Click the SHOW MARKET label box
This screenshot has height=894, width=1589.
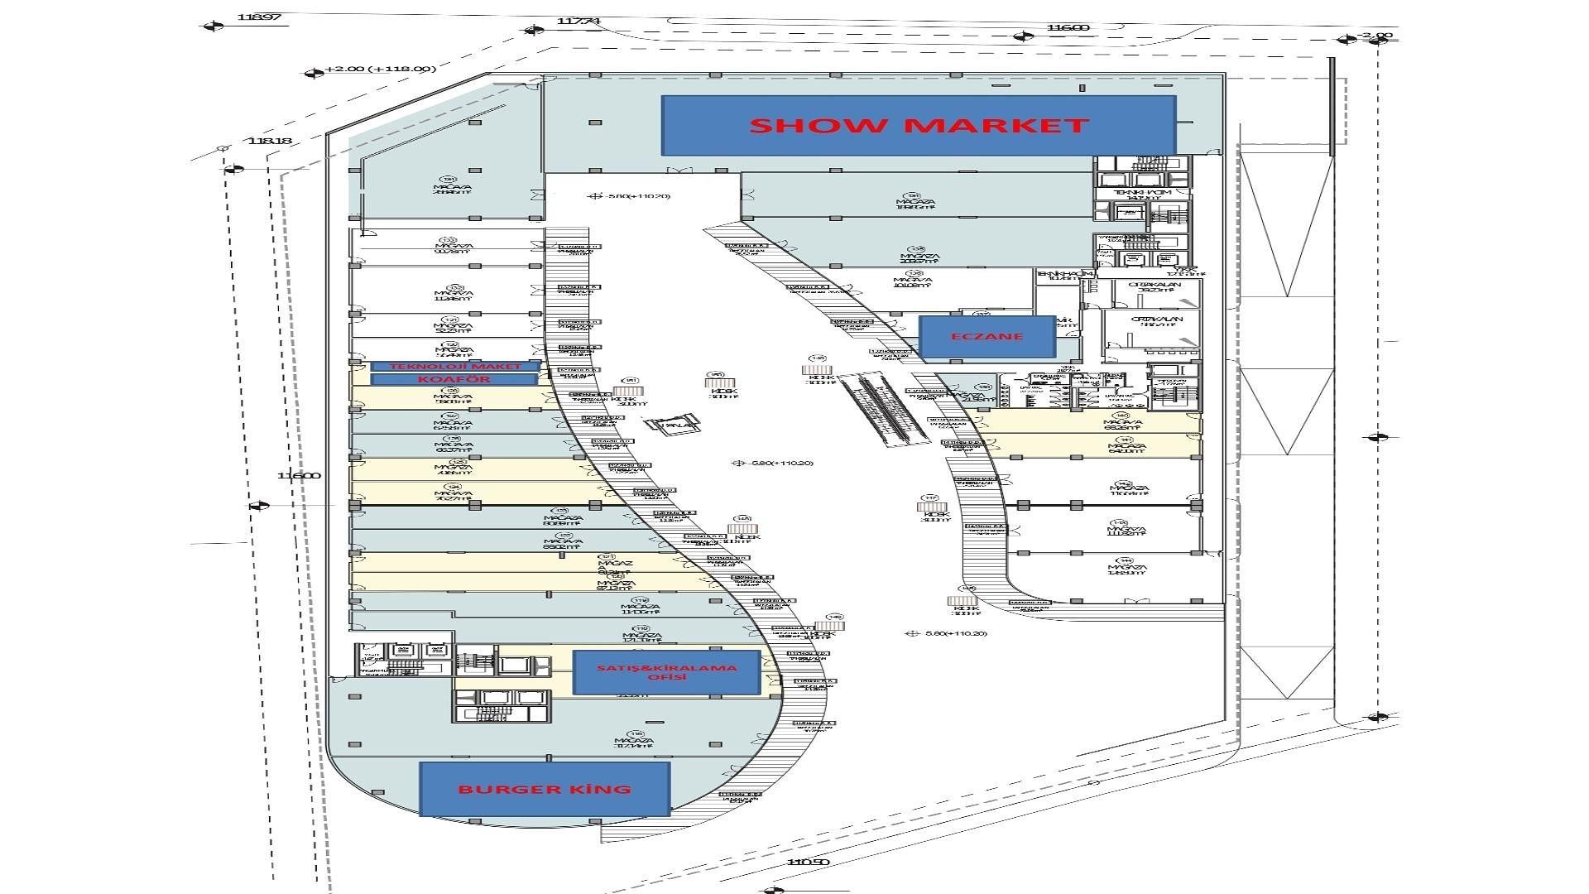pos(918,125)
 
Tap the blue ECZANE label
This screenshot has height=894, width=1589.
pos(987,337)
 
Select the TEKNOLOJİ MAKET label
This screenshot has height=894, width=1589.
pos(455,366)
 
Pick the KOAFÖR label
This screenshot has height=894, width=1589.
pos(454,379)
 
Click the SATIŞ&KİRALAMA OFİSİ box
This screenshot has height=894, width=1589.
pos(666,672)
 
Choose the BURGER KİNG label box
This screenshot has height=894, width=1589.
pos(544,789)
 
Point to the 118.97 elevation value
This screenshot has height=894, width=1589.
pos(258,17)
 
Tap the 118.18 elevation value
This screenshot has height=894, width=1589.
pos(270,141)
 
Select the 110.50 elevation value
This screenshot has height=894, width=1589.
pos(809,863)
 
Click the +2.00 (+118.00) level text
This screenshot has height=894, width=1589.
pos(380,69)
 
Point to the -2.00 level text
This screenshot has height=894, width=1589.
pos(1376,36)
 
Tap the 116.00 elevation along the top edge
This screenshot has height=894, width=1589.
pos(1068,27)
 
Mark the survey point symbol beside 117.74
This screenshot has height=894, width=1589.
pos(532,30)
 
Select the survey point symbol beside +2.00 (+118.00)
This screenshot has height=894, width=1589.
pos(314,73)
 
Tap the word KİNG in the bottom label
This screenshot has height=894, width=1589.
pos(594,789)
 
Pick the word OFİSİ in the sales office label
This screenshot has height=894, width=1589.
pos(666,678)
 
